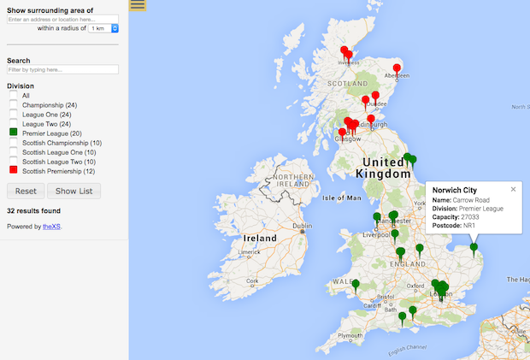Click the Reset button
coord(26,191)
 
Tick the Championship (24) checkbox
coord(14,105)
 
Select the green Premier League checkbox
coord(14,133)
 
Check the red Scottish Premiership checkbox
coord(14,170)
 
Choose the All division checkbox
coord(14,96)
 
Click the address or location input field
coord(62,18)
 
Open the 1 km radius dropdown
coord(103,28)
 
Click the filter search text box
coord(62,69)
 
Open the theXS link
coord(52,227)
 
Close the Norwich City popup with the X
coord(514,189)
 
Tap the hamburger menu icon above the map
coord(138,5)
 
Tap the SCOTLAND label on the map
coord(348,84)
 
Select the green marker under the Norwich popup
coord(474,249)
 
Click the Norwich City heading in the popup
coord(455,189)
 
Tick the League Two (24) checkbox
coord(14,124)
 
